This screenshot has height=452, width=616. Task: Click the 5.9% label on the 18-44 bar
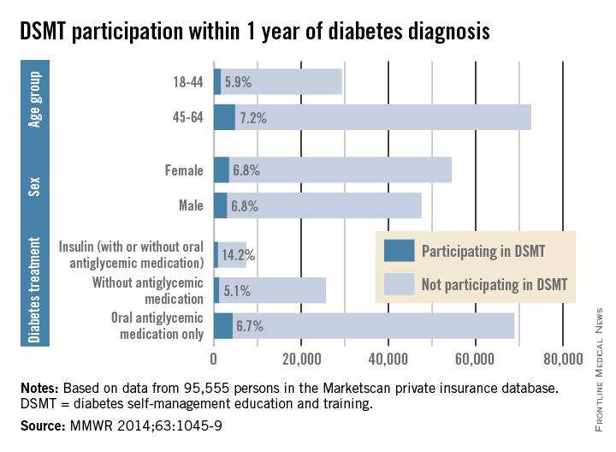click(239, 82)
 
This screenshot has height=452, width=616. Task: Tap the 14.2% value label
click(239, 254)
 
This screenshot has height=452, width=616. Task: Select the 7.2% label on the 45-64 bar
click(252, 118)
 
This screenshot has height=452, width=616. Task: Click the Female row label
click(184, 170)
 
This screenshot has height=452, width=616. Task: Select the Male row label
click(189, 205)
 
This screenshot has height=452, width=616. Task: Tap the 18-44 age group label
click(187, 82)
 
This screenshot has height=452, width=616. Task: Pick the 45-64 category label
click(187, 118)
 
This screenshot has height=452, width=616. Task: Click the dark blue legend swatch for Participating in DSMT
click(399, 251)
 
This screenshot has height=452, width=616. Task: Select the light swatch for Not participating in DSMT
click(399, 282)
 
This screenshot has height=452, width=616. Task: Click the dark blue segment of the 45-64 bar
click(224, 118)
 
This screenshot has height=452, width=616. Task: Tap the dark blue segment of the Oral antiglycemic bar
click(222, 326)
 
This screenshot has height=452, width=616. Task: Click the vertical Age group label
click(36, 100)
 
